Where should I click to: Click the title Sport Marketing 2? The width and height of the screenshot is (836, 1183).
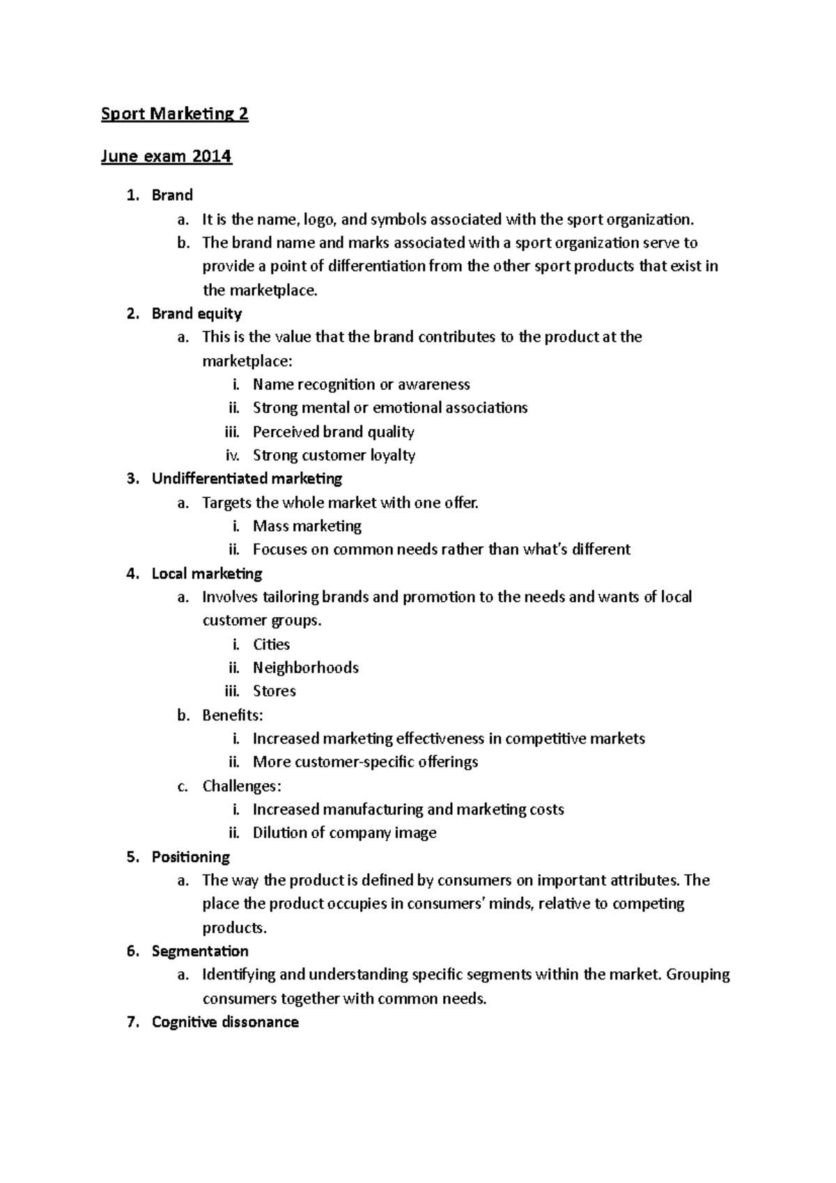[x=174, y=114]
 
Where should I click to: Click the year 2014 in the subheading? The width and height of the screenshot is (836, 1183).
[x=212, y=156]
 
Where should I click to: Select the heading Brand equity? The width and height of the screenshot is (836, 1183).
[x=196, y=314]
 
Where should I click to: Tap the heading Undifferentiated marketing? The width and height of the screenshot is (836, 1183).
[x=247, y=479]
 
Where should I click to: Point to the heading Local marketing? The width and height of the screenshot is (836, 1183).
[x=207, y=573]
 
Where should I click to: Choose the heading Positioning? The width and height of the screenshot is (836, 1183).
[x=190, y=857]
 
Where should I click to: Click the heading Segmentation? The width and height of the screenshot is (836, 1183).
[x=200, y=951]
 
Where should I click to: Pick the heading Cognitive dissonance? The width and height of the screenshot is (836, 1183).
[x=225, y=1022]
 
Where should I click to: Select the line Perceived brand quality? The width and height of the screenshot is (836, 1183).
[x=333, y=432]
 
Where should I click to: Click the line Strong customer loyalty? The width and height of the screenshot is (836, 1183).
[x=334, y=456]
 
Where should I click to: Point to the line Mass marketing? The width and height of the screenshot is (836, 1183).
[x=307, y=526]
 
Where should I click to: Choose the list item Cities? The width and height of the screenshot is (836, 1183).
[x=271, y=644]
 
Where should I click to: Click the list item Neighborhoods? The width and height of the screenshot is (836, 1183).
[x=305, y=667]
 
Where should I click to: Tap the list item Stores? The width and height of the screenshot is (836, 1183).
[x=274, y=691]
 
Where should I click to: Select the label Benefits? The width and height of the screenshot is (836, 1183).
[x=232, y=715]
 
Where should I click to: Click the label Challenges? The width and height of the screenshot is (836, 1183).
[x=242, y=786]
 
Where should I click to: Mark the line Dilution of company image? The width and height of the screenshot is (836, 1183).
[x=344, y=833]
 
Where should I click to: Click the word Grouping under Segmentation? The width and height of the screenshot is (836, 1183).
[x=697, y=975]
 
